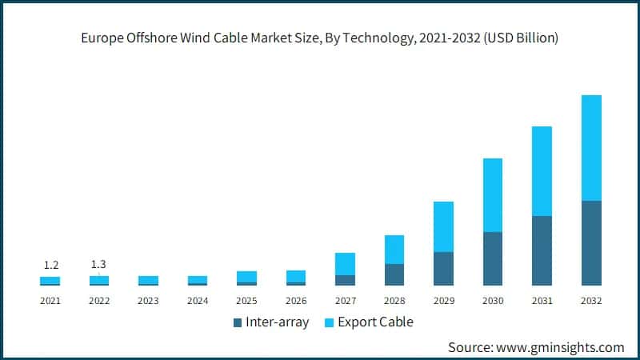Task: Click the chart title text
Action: (x=320, y=38)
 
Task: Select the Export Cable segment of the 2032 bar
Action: (x=591, y=148)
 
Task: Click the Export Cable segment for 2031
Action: (x=542, y=171)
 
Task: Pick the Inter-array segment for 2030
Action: (x=493, y=258)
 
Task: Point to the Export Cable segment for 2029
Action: (x=443, y=226)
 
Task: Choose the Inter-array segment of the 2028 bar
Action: (x=394, y=274)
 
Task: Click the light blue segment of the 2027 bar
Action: (x=345, y=264)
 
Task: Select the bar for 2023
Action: (x=148, y=280)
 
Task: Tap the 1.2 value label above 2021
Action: (x=50, y=265)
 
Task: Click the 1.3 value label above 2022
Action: (x=99, y=265)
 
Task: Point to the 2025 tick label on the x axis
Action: (x=246, y=301)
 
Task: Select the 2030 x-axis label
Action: (x=493, y=301)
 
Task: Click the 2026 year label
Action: (x=296, y=301)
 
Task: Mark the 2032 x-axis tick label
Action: (x=591, y=301)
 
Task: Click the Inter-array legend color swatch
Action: (x=238, y=322)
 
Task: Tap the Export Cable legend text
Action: (x=375, y=322)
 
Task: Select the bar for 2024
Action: (x=198, y=280)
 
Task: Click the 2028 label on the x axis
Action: (x=394, y=301)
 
